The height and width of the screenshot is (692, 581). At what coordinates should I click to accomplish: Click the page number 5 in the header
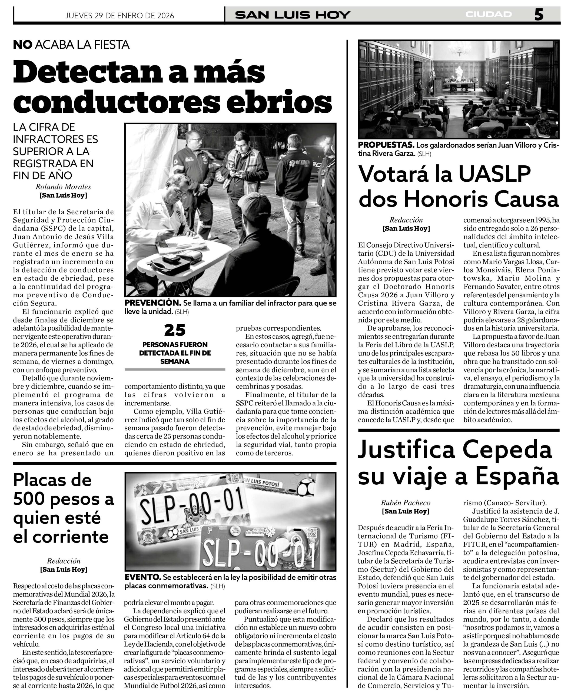539,15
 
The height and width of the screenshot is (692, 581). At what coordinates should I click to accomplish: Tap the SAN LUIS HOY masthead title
292,15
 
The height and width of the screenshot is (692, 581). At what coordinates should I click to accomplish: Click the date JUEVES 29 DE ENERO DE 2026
119,15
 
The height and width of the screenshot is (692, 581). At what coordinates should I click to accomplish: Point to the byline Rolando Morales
63,187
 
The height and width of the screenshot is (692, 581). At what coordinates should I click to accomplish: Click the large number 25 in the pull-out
175,330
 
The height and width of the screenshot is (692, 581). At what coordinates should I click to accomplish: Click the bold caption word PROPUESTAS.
386,145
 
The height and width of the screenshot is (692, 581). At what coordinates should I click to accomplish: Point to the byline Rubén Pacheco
406,503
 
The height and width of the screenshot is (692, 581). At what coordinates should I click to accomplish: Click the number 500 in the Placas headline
29,500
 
